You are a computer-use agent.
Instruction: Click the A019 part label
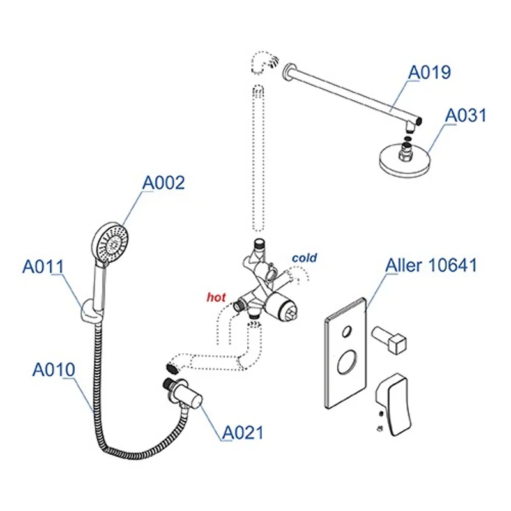pyautogui.click(x=430, y=72)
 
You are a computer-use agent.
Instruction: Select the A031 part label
pyautogui.click(x=466, y=116)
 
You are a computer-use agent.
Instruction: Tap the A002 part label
pyautogui.click(x=163, y=183)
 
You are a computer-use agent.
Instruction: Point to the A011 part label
pyautogui.click(x=43, y=266)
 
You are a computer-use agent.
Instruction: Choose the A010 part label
pyautogui.click(x=54, y=369)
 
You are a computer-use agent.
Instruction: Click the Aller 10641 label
pyautogui.click(x=431, y=265)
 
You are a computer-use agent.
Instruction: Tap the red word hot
pyautogui.click(x=215, y=297)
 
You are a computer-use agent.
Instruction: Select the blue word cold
pyautogui.click(x=304, y=258)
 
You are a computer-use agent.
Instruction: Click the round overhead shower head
pyautogui.click(x=404, y=156)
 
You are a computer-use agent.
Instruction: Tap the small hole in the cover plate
pyautogui.click(x=346, y=332)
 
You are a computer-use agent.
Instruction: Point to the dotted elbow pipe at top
pyautogui.click(x=263, y=62)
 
